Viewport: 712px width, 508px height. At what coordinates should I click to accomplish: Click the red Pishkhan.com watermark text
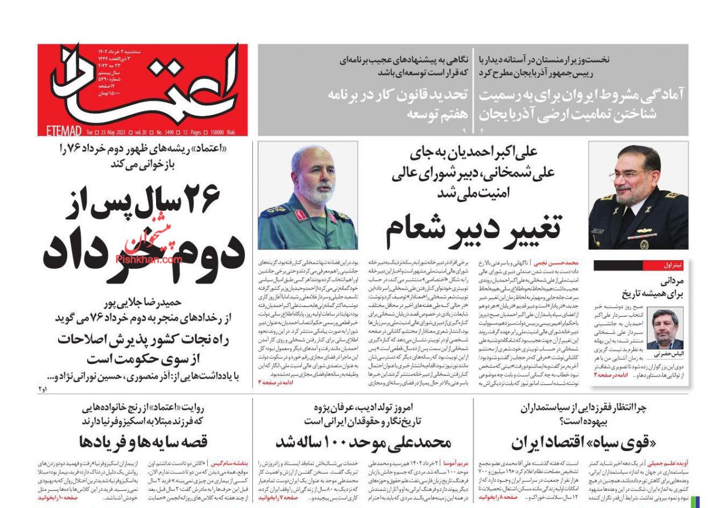tap(149, 259)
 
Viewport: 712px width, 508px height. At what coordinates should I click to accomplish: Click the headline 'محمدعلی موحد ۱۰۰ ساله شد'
tap(363, 443)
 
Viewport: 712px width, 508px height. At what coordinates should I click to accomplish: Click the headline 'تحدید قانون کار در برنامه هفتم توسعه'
tap(398, 104)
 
